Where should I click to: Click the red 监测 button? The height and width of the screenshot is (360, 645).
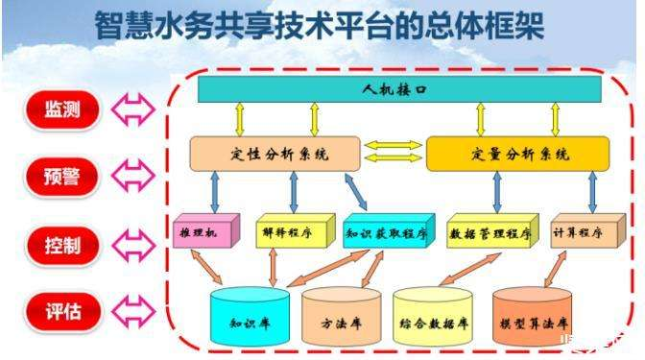[x=61, y=109]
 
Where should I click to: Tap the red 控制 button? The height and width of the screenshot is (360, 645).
[x=61, y=244]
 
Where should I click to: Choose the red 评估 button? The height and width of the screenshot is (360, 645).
[x=61, y=311]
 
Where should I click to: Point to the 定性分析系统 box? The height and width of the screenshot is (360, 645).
[x=274, y=154]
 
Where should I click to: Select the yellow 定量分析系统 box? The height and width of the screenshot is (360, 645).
[x=517, y=154]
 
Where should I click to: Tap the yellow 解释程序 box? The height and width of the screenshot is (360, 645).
[x=287, y=231]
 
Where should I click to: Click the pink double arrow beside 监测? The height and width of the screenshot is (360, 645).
[x=131, y=109]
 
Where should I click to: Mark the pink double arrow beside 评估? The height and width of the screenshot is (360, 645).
[x=131, y=311]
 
